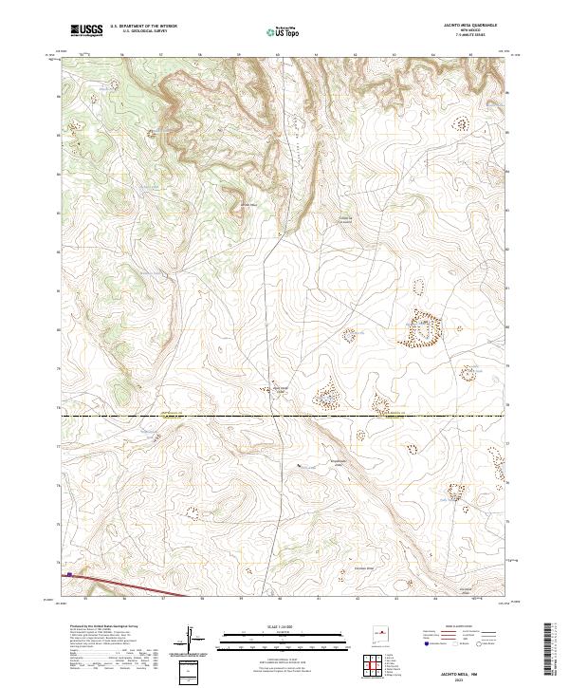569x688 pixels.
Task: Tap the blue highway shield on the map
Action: (69, 574)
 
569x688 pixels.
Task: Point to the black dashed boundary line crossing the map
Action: (284, 416)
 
